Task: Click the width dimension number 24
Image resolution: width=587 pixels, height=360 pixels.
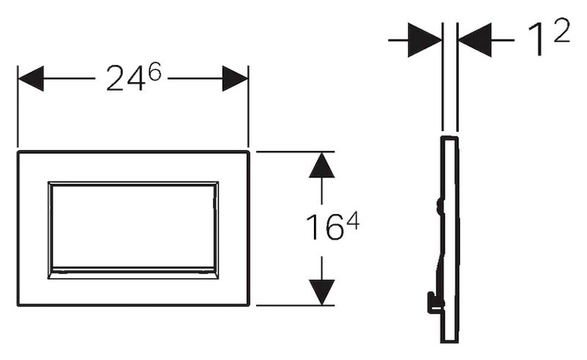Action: point(125,78)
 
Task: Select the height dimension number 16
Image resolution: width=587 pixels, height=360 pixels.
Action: point(325,227)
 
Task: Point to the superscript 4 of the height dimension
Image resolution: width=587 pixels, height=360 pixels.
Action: point(353,221)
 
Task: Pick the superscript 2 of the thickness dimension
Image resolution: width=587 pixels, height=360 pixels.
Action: point(561,30)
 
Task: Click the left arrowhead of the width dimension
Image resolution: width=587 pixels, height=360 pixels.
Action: point(31,78)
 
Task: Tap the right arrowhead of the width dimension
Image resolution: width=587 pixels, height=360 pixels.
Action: point(235,78)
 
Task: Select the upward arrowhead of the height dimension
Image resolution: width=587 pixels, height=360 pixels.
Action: point(321,165)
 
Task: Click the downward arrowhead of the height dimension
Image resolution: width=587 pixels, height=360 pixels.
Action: point(321,293)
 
